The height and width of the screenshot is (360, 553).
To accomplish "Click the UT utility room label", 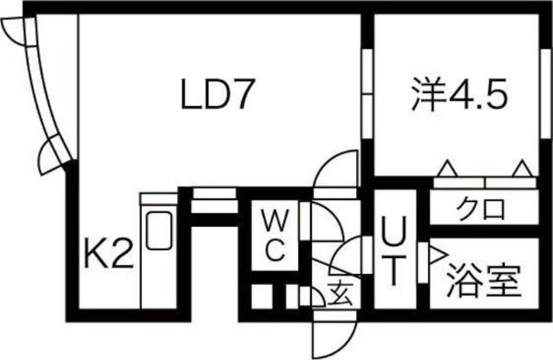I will [391, 251].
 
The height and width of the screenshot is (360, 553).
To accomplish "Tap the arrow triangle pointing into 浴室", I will [434, 254].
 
